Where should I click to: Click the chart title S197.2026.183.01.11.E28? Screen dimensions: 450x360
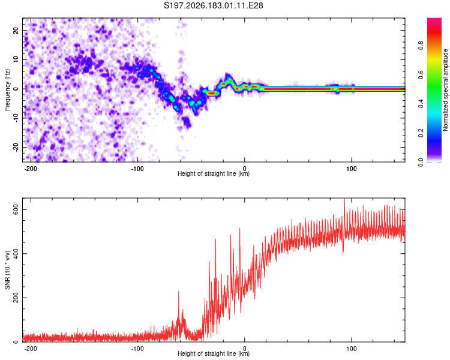click(x=213, y=5)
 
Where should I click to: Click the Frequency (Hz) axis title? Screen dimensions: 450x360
click(x=7, y=90)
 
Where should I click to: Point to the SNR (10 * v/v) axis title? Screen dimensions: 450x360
click(x=7, y=270)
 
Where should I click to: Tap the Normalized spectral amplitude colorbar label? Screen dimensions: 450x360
click(x=445, y=90)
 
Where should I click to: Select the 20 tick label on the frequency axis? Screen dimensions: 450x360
click(x=16, y=30)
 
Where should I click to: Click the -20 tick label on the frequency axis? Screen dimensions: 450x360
click(x=16, y=147)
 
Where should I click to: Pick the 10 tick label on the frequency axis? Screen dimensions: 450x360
click(x=16, y=59)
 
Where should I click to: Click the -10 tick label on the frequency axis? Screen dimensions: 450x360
click(x=16, y=118)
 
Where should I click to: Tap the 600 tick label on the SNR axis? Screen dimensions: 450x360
click(x=16, y=209)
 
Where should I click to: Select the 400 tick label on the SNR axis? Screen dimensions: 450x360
click(x=16, y=253)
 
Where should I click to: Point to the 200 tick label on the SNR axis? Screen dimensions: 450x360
click(x=16, y=298)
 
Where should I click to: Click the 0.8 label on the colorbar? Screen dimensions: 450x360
click(x=421, y=46)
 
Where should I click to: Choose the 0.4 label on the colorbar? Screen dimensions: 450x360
click(x=421, y=104)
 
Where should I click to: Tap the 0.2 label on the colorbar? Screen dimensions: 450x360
click(x=421, y=133)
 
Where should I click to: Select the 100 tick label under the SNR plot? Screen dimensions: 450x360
click(x=351, y=349)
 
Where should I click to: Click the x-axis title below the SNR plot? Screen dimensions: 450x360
click(x=214, y=353)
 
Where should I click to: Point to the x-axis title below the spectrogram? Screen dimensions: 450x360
click(x=214, y=173)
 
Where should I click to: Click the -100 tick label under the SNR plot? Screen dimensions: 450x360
click(x=137, y=349)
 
